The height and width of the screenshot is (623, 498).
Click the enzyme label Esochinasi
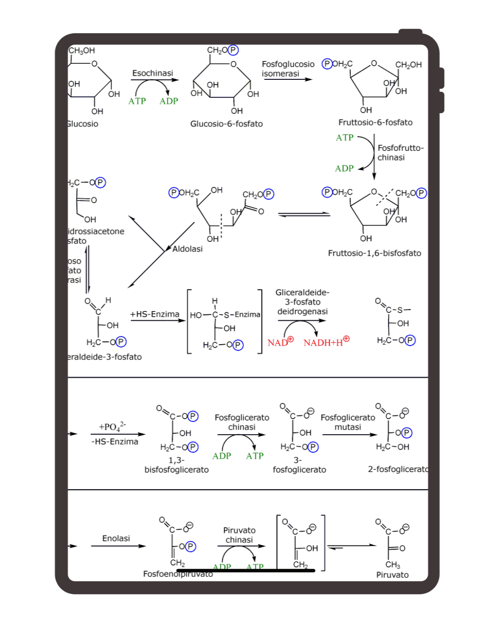(x=153, y=73)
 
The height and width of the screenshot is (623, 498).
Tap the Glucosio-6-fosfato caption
(x=226, y=124)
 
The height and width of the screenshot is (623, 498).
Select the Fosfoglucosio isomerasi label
(x=288, y=69)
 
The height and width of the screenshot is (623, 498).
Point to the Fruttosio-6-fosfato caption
(x=375, y=122)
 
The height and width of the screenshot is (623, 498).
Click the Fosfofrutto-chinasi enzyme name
(x=400, y=152)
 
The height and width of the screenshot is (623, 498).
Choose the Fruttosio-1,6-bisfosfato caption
(x=374, y=253)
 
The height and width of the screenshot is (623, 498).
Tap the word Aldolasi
(x=188, y=249)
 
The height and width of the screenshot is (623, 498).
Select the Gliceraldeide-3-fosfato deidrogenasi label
(x=302, y=302)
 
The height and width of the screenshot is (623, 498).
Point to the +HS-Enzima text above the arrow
(x=155, y=314)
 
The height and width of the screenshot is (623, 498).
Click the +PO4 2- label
(x=112, y=426)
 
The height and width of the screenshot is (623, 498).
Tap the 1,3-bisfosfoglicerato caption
(x=177, y=465)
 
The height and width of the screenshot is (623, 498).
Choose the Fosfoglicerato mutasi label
(x=348, y=422)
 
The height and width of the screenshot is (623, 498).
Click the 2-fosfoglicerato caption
(x=398, y=469)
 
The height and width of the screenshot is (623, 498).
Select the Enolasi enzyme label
(x=116, y=538)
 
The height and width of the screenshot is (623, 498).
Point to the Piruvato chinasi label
(x=239, y=535)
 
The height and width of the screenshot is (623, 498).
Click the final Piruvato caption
(x=392, y=575)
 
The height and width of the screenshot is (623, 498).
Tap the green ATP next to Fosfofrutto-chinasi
(x=344, y=138)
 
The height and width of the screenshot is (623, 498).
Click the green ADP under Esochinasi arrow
(x=169, y=101)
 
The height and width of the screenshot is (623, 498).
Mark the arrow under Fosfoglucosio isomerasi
(x=288, y=79)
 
